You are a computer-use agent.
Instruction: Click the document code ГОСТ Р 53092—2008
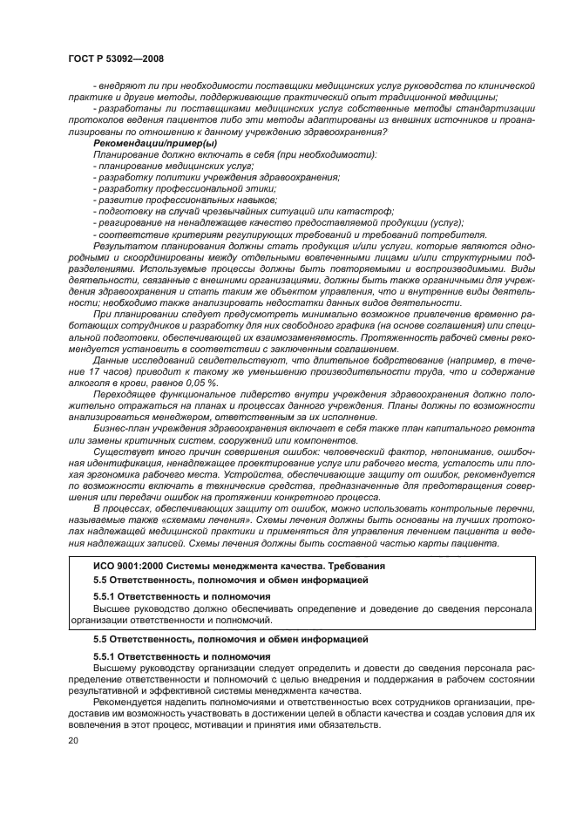pyautogui.click(x=115, y=58)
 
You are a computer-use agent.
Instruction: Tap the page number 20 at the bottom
pyautogui.click(x=72, y=740)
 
